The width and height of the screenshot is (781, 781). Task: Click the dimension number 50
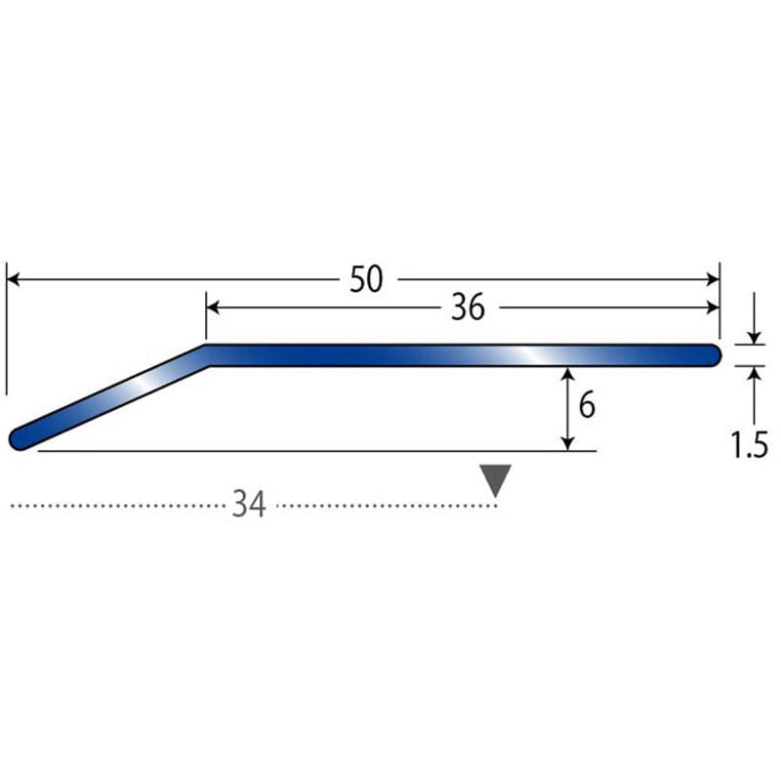(366, 279)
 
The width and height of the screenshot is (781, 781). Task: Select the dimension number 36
(468, 308)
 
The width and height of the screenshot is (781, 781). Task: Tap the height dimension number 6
(587, 404)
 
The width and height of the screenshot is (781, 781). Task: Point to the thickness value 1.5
(749, 444)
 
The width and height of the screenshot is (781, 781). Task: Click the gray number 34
(249, 505)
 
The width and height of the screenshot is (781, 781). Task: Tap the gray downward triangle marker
(495, 480)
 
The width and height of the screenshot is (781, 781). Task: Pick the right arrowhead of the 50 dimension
(713, 279)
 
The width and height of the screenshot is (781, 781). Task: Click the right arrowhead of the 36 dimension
(713, 308)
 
